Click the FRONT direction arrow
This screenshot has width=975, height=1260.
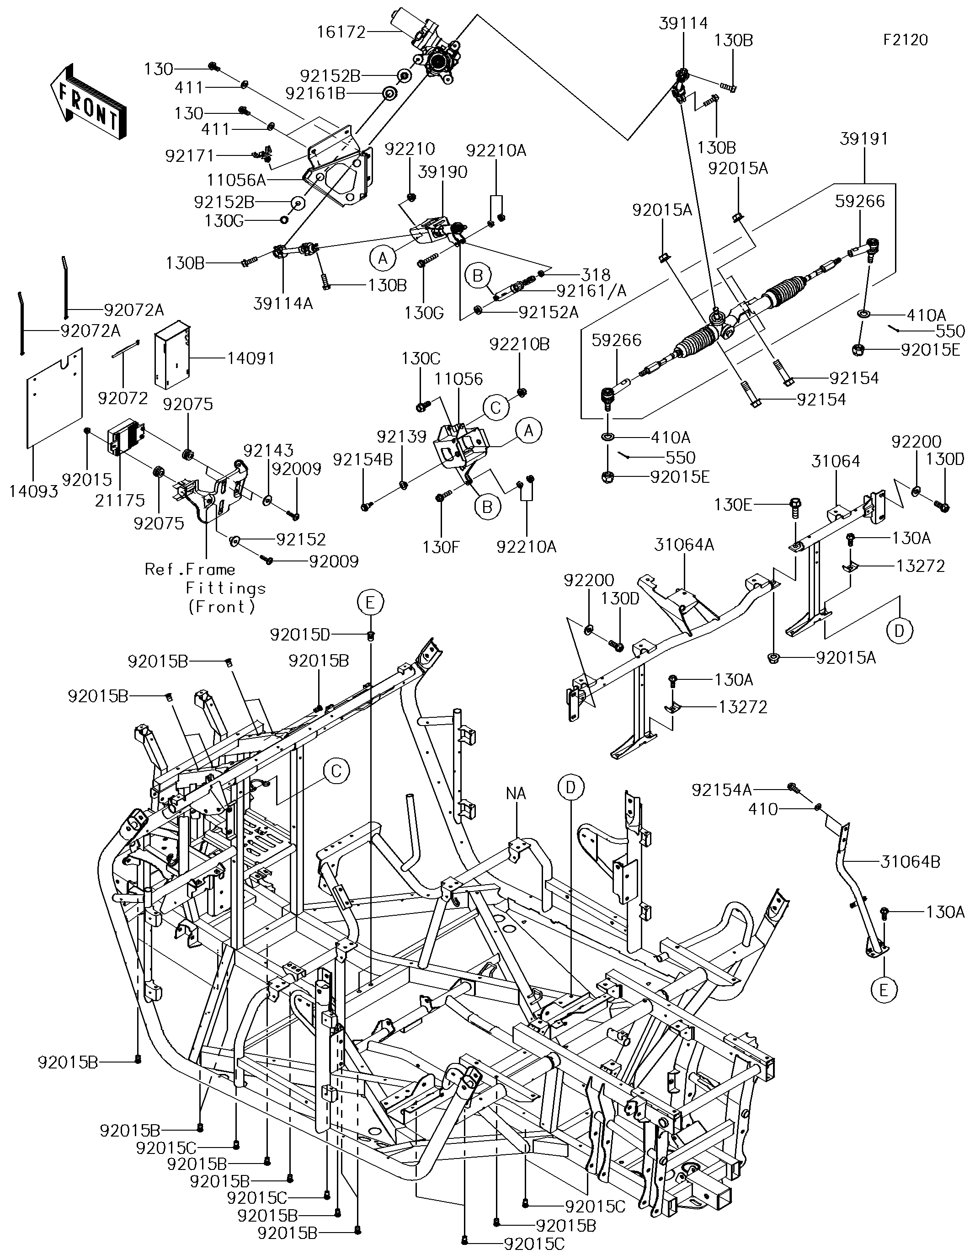(88, 101)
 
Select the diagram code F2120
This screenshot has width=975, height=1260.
(905, 40)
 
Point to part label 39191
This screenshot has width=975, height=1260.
(863, 139)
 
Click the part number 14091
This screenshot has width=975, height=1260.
(250, 358)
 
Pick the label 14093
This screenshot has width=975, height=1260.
(33, 491)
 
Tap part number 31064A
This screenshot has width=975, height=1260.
(684, 544)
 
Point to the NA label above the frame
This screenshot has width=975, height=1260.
(516, 794)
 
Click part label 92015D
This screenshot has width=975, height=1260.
(300, 635)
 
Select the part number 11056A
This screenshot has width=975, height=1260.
(236, 180)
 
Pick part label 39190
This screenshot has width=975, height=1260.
(442, 172)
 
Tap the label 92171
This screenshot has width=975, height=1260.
(189, 156)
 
